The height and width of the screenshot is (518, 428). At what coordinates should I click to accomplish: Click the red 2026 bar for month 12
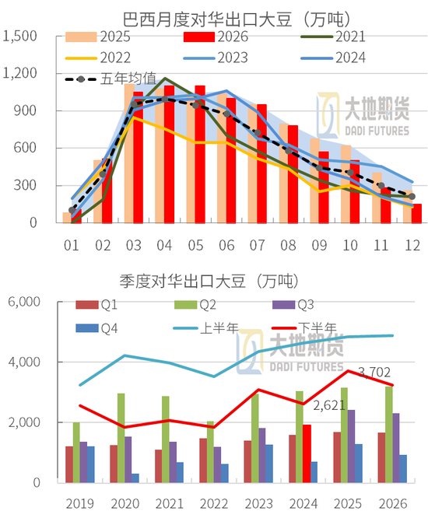pyautogui.click(x=417, y=213)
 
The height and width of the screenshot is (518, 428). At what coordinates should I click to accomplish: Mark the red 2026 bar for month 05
pyautogui.click(x=200, y=154)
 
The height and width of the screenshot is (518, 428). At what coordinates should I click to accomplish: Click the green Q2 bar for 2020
pyautogui.click(x=121, y=438)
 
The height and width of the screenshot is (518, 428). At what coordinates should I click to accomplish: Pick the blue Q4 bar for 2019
pyautogui.click(x=89, y=464)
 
